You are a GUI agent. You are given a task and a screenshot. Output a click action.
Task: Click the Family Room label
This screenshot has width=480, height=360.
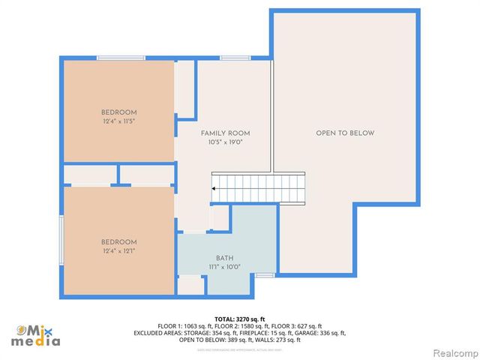pyautogui.click(x=225, y=133)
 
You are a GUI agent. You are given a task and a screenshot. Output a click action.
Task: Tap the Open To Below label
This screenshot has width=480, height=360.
pyautogui.click(x=344, y=133)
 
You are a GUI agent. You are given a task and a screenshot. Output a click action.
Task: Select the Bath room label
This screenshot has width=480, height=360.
pyautogui.click(x=224, y=257)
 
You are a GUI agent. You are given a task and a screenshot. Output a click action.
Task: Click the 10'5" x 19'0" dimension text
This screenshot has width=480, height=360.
pyautogui.click(x=225, y=142)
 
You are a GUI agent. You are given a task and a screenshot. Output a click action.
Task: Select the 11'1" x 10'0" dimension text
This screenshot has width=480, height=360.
pyautogui.click(x=224, y=267)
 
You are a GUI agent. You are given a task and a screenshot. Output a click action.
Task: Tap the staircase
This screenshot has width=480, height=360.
pyautogui.click(x=259, y=187)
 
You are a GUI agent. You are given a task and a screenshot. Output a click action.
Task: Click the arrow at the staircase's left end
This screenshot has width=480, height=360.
pyautogui.click(x=214, y=188)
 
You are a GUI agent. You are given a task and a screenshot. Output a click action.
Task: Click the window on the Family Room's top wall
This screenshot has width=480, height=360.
pyautogui.click(x=235, y=58)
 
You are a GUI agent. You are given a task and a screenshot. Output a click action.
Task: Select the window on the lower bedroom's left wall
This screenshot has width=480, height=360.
pyautogui.click(x=61, y=239)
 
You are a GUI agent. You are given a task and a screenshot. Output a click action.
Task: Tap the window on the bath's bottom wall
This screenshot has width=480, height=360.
pyautogui.click(x=263, y=276)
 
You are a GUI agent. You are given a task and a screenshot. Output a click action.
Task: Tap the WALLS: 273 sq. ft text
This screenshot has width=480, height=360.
pyautogui.click(x=278, y=340)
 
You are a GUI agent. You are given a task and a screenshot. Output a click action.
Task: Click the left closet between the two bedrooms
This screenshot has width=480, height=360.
pyautogui.click(x=89, y=175)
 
